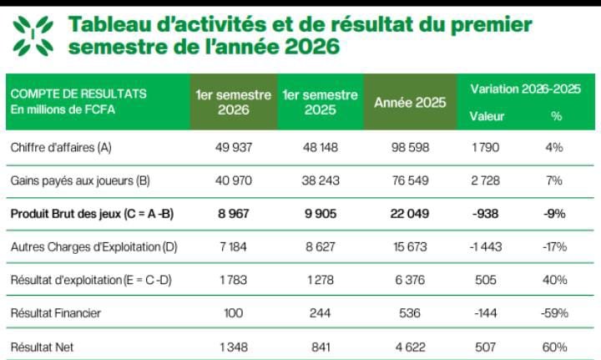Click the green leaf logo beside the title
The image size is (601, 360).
tap(33, 36)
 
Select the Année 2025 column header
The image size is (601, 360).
tap(410, 103)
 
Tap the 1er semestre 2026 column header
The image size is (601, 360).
tap(234, 102)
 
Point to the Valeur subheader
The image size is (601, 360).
tap(487, 116)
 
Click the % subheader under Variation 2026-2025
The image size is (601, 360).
tap(556, 116)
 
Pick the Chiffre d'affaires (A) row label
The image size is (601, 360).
tap(61, 148)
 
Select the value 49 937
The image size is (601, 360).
tap(234, 147)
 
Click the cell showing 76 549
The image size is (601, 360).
tap(410, 180)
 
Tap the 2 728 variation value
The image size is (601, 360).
tap(485, 180)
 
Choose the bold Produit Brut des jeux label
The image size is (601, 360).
tap(92, 214)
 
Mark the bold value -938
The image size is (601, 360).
tap(485, 214)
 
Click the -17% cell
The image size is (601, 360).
tap(554, 246)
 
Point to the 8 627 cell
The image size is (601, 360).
tap(320, 246)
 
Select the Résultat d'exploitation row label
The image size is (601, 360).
tap(91, 280)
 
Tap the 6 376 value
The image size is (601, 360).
tap(410, 280)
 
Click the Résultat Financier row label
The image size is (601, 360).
tap(56, 313)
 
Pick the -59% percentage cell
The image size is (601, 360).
tap(554, 313)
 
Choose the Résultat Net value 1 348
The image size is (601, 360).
tap(234, 347)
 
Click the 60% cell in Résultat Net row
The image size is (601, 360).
tap(554, 347)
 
